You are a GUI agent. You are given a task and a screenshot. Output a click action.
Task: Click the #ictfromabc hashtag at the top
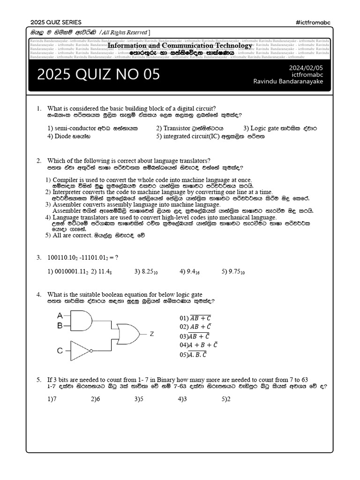[314, 22]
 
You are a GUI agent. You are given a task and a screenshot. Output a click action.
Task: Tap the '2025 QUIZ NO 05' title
[98, 74]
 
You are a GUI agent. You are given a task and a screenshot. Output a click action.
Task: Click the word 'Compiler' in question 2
[66, 180]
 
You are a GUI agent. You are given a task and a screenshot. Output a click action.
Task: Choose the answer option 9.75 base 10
[233, 271]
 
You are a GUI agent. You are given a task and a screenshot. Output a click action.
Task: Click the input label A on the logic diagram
[60, 315]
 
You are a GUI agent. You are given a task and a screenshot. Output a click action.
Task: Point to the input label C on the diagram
[60, 351]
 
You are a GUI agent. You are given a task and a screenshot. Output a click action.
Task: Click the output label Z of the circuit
[152, 334]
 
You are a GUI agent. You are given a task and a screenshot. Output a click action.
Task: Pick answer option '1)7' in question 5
[52, 399]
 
